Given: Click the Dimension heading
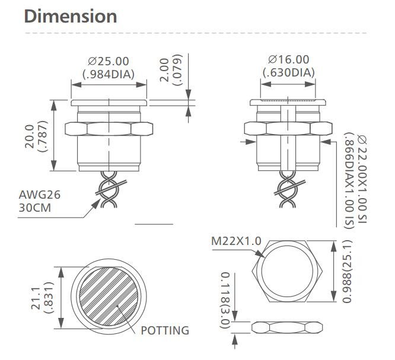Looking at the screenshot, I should [70, 16].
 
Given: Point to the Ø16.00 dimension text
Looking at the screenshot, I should [288, 59].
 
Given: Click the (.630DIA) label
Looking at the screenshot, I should [288, 72].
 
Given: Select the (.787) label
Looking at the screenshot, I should [42, 136].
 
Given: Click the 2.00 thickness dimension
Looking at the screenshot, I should [164, 71].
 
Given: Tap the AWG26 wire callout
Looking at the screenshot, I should [40, 194].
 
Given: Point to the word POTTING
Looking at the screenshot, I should [164, 330].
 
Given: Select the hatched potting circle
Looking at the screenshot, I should [109, 297].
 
